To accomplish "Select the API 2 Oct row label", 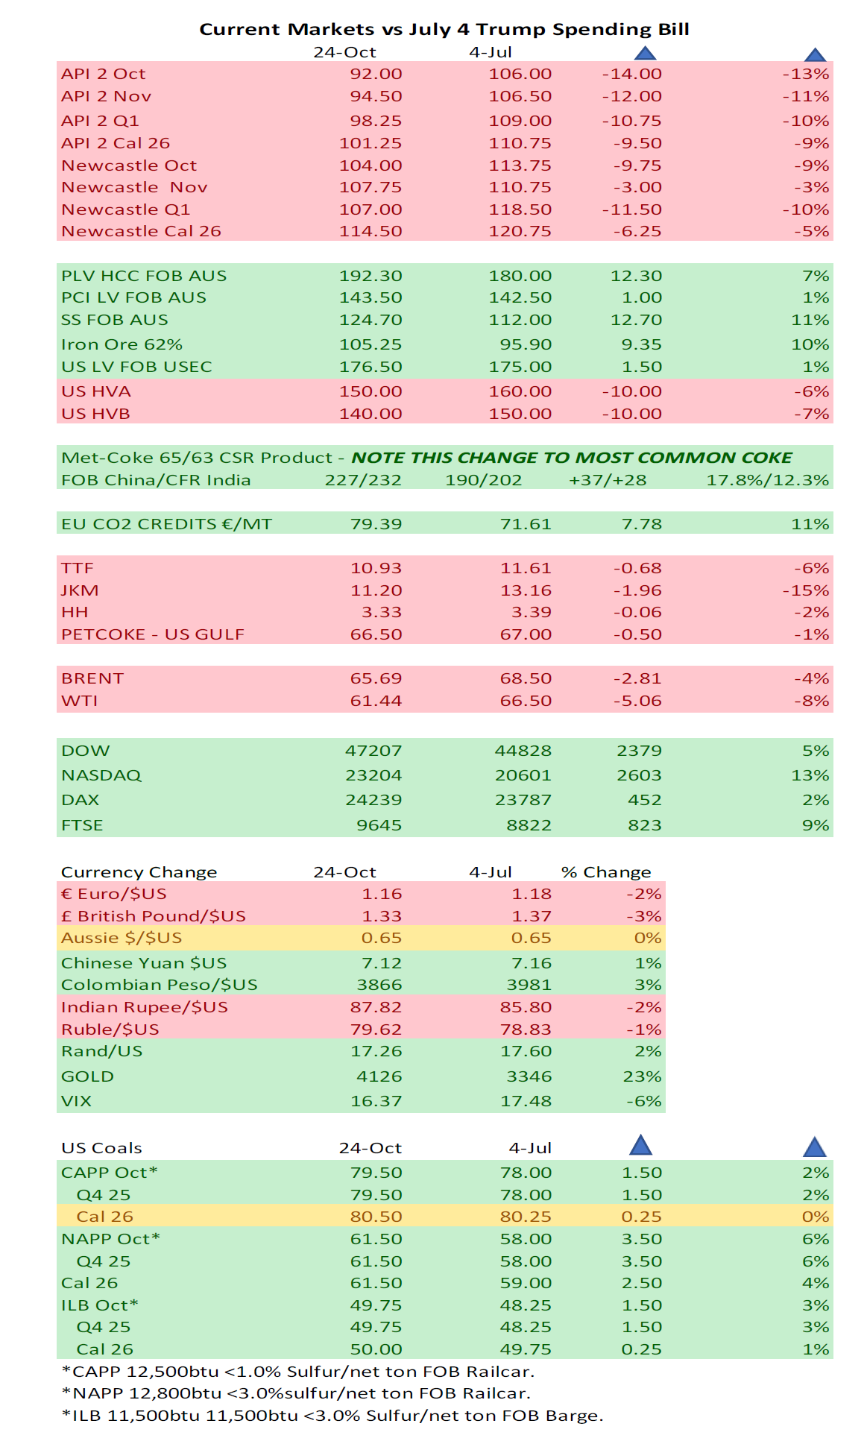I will (x=103, y=74).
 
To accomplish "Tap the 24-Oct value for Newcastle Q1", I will (x=371, y=209).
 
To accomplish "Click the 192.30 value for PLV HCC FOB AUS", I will (x=371, y=276).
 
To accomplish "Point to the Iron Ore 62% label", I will (x=122, y=344).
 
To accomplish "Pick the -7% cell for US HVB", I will (x=815, y=414).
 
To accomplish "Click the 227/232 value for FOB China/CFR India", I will (x=363, y=480).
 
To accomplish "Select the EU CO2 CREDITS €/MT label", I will (x=166, y=524).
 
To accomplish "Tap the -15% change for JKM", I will (x=806, y=590).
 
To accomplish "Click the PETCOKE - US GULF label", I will (x=153, y=634).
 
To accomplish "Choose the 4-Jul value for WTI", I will (x=526, y=701).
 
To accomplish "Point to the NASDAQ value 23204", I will (x=373, y=775).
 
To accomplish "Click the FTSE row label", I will (x=82, y=825).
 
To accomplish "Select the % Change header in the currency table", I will (x=606, y=872).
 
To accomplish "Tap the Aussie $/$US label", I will (x=122, y=938).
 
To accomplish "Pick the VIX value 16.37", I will (x=376, y=1101).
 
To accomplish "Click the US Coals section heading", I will (x=101, y=1148).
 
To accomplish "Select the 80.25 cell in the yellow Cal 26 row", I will (x=526, y=1217).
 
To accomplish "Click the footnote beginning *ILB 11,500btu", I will (x=332, y=1415).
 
